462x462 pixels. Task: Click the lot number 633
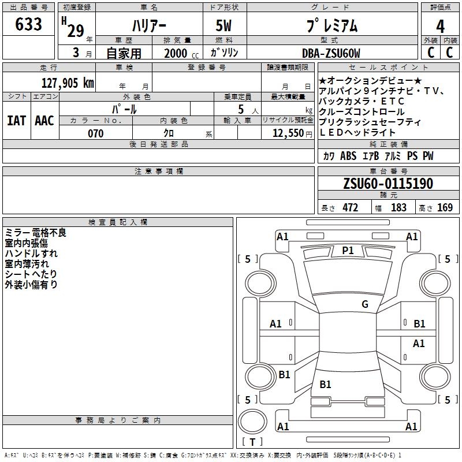coord(28,24)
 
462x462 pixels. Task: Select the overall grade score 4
coord(440,27)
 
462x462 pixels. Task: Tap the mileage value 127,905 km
coord(68,83)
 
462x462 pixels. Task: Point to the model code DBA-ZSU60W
coord(331,53)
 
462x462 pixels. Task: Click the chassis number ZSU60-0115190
coord(388,184)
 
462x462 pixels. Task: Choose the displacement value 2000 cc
coord(181,54)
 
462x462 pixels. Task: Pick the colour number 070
coord(96,133)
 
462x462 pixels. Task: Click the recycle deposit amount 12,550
coord(288,133)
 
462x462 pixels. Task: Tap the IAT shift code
coord(17,121)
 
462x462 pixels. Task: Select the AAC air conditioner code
coord(44,121)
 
